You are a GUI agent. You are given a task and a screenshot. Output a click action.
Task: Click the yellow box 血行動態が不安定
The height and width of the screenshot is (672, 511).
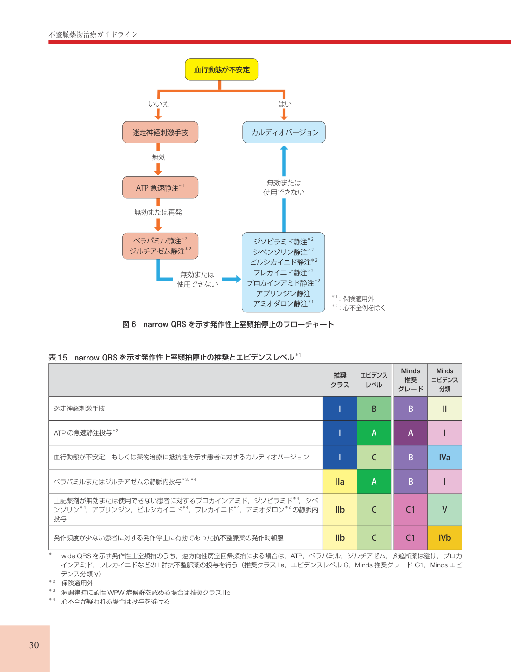tap(222, 70)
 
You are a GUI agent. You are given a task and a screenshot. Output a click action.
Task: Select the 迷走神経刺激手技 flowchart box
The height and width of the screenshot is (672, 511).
tap(160, 132)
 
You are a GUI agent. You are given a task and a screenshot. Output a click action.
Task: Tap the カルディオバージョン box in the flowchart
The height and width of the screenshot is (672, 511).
tap(284, 132)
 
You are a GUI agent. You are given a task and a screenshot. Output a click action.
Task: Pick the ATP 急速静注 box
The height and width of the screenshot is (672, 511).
tap(160, 188)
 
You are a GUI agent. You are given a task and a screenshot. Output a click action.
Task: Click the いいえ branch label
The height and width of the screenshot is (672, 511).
tap(158, 104)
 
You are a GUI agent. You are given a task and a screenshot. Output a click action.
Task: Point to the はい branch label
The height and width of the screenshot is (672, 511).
tap(285, 104)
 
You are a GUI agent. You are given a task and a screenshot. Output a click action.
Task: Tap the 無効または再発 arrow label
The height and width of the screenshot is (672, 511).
tap(158, 212)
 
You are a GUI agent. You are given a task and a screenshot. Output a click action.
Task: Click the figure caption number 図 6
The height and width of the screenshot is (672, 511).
tap(129, 324)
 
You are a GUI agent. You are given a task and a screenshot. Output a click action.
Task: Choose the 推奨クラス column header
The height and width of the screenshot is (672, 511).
tap(340, 380)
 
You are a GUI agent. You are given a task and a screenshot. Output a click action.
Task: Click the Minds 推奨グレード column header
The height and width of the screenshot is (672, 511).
tap(410, 380)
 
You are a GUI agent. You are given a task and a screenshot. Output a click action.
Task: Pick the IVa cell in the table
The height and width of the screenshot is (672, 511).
tap(444, 457)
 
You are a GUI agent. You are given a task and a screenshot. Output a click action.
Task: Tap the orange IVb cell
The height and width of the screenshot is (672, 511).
tap(444, 538)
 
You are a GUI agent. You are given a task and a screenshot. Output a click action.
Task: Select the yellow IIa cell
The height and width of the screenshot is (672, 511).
tap(340, 482)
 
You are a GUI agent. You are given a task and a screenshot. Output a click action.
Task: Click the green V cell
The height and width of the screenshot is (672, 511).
tap(444, 510)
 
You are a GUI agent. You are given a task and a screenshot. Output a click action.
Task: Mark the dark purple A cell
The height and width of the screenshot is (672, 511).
tap(410, 433)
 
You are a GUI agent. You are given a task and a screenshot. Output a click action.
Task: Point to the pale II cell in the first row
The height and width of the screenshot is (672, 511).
tap(444, 409)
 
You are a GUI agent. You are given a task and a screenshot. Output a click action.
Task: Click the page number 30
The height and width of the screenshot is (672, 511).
tap(34, 645)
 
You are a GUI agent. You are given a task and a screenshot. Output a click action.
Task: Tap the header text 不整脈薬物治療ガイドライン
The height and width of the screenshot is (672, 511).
tap(93, 34)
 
